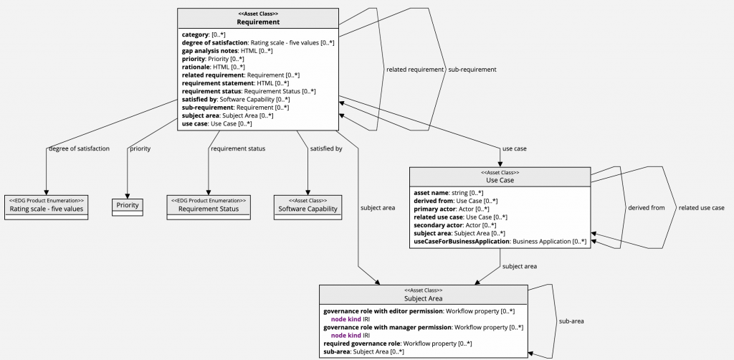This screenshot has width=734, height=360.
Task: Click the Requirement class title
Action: click(x=258, y=22)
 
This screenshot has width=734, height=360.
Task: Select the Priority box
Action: click(x=127, y=206)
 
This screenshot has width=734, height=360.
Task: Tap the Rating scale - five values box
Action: click(x=47, y=209)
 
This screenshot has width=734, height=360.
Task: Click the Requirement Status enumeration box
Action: click(x=209, y=209)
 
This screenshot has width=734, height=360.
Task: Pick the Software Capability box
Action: click(x=308, y=209)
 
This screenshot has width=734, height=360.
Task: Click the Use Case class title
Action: click(x=500, y=180)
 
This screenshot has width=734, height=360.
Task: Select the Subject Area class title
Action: click(x=424, y=298)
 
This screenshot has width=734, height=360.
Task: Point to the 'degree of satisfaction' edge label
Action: click(x=79, y=148)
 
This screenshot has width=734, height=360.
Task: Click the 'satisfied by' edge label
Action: click(x=325, y=148)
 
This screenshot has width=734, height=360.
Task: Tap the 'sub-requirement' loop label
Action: click(x=472, y=70)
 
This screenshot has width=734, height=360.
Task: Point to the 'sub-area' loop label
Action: click(x=571, y=321)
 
